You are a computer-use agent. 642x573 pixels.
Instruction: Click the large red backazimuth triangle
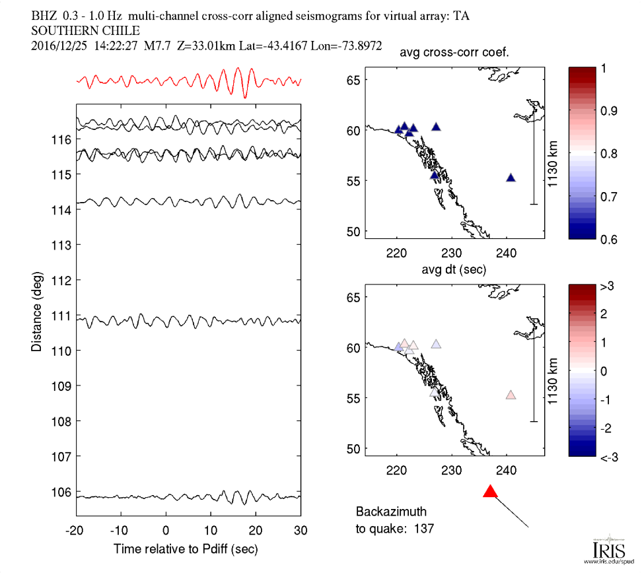(x=489, y=491)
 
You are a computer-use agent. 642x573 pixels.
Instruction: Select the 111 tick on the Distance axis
(x=63, y=316)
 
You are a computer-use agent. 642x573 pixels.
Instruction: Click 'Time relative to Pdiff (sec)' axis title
(x=186, y=549)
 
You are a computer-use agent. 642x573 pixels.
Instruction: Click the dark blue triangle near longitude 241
(x=511, y=178)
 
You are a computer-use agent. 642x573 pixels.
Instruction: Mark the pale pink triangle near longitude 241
(x=511, y=395)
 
